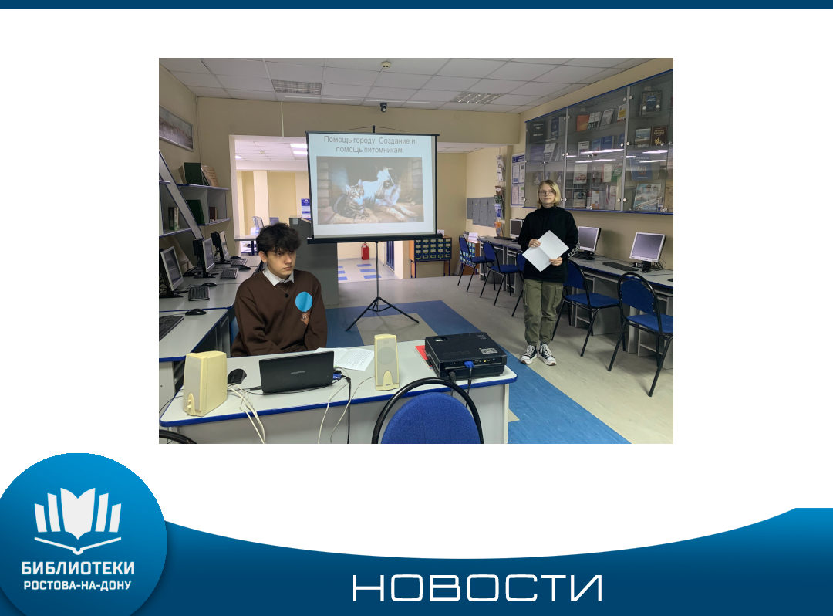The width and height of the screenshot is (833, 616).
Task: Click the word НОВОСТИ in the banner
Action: tap(477, 587)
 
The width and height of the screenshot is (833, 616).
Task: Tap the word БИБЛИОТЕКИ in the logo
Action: tap(78, 568)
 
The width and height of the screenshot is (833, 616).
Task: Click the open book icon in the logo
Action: tap(78, 519)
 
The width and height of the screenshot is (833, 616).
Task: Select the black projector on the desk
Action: tap(465, 354)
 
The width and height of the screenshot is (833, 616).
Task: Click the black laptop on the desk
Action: tap(296, 372)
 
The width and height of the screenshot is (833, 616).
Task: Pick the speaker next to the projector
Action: tap(386, 362)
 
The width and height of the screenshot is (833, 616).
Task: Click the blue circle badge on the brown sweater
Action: tap(304, 301)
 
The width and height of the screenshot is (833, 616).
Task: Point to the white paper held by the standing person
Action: tap(545, 250)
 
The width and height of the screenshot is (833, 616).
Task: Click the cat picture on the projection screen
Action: tap(369, 190)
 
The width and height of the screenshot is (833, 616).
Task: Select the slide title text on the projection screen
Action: tap(369, 144)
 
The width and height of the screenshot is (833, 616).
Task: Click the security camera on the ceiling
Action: tap(383, 107)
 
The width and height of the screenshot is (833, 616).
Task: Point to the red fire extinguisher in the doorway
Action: tap(365, 251)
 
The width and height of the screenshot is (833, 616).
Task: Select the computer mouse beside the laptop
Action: tap(237, 376)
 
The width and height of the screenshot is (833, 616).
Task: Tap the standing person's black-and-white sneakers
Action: tap(538, 354)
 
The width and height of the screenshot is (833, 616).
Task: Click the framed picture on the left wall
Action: tap(175, 127)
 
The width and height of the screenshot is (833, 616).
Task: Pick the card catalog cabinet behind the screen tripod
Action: tap(431, 249)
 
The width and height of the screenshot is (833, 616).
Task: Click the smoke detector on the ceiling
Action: tap(386, 65)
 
